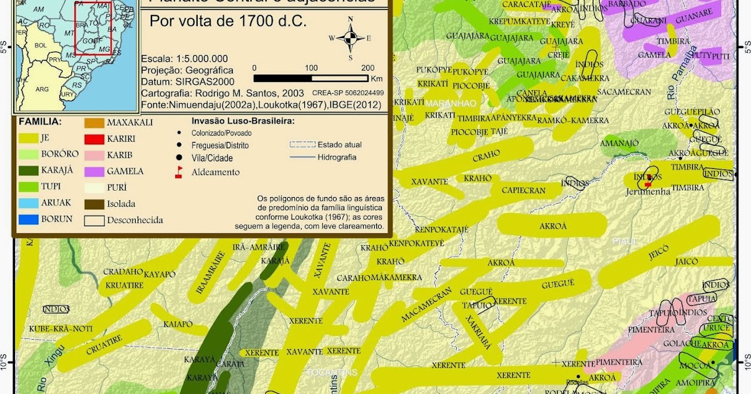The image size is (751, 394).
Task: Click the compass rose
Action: [350, 38]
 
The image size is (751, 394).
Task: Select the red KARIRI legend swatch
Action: [94, 139]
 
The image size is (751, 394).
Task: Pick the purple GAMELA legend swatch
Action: [94, 171]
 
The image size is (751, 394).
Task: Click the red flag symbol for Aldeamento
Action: [178, 172]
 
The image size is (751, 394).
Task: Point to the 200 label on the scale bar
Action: [368, 68]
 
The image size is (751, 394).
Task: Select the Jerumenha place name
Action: [648, 191]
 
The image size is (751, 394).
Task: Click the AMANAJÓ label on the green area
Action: [620, 143]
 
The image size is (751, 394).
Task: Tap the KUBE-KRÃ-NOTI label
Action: [61, 329]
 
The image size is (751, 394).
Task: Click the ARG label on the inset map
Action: [42, 89]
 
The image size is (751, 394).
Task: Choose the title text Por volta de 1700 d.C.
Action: [228, 21]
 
